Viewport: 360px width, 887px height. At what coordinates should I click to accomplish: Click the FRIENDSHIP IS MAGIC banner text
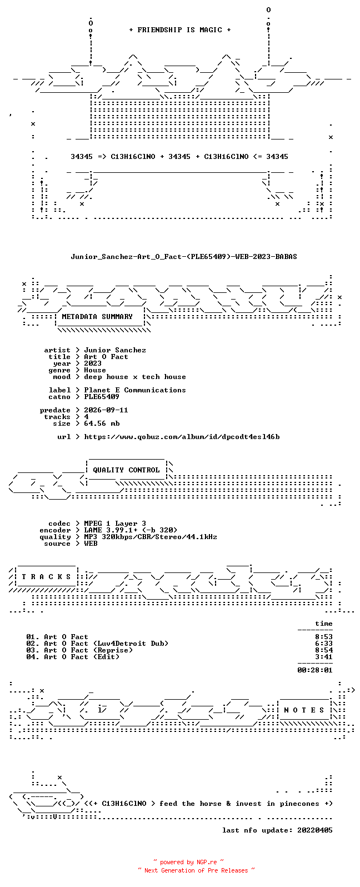180,29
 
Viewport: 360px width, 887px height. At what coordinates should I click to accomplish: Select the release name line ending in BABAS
184,257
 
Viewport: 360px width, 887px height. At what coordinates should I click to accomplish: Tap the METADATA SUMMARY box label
97,316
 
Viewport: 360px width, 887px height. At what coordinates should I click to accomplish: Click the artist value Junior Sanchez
115,350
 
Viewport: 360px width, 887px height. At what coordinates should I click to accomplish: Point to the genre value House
95,370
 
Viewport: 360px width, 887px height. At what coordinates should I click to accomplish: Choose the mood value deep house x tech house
134,377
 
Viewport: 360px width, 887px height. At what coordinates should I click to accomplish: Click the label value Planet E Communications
134,390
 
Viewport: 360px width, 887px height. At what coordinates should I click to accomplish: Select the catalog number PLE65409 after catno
101,397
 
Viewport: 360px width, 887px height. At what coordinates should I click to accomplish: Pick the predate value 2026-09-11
106,410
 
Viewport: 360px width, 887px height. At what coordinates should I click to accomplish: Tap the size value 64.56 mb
102,423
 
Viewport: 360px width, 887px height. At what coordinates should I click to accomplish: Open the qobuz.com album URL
182,437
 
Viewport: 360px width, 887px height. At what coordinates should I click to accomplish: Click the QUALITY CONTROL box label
126,470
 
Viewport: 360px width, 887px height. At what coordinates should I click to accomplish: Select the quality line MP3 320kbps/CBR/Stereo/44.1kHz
151,537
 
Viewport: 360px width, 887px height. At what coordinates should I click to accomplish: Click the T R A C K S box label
46,576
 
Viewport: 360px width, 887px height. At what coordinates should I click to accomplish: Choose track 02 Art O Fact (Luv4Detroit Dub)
97,644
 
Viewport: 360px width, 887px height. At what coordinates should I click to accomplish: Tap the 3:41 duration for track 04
324,657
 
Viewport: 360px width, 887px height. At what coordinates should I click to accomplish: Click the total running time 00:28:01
315,670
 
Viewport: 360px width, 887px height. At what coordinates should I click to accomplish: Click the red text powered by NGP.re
188,862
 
